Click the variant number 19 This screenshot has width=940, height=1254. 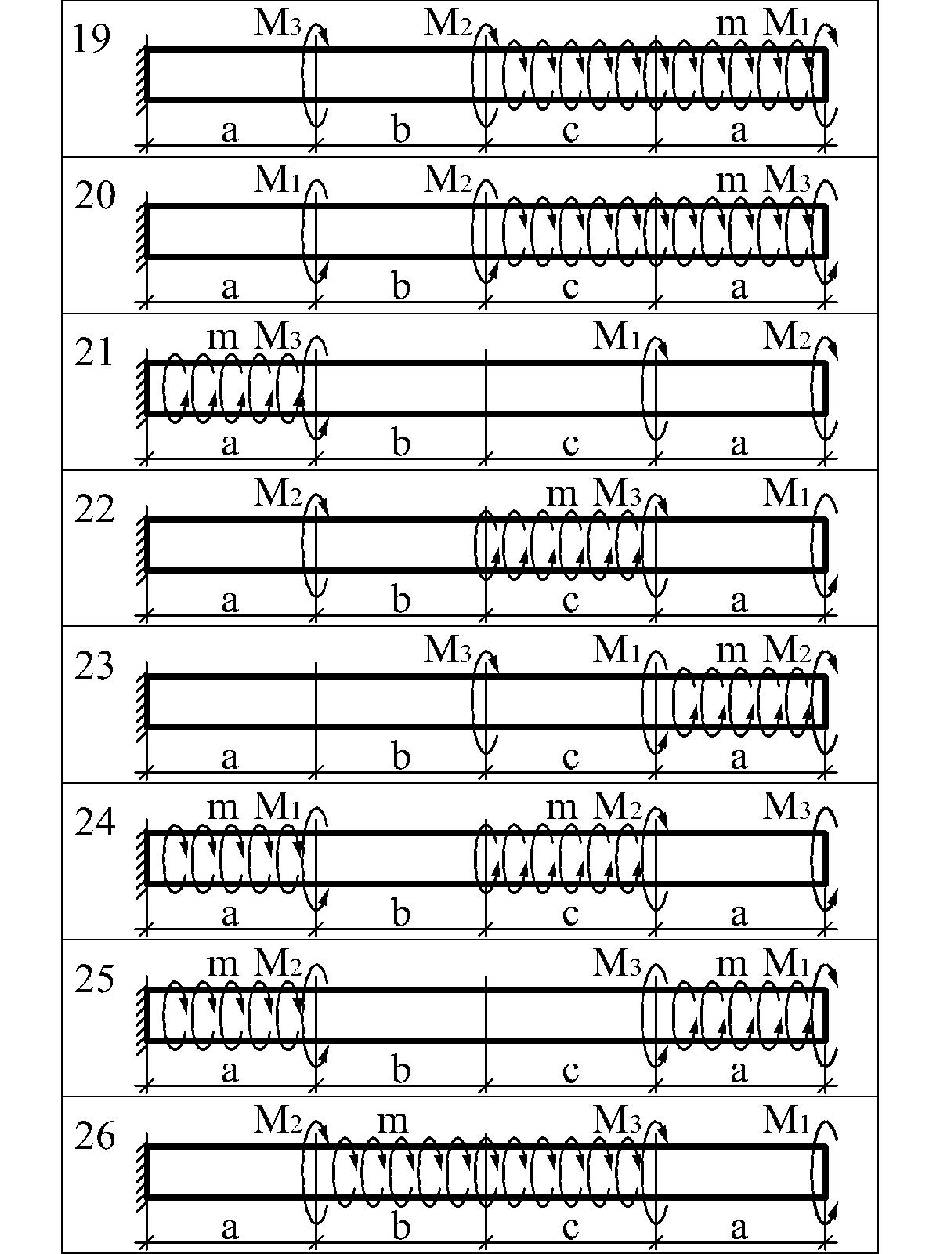[x=92, y=41]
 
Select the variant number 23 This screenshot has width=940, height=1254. [x=94, y=667]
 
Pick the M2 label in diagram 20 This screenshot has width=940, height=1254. [x=447, y=181]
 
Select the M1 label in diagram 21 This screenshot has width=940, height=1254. [x=617, y=338]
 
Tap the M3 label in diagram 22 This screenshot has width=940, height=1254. [x=617, y=495]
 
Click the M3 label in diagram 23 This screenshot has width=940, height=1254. [x=447, y=651]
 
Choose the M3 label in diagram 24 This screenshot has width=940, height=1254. [x=787, y=807]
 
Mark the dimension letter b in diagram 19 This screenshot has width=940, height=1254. [x=401, y=130]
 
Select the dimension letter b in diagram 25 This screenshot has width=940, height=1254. [x=401, y=1070]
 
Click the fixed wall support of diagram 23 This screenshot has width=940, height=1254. [x=142, y=702]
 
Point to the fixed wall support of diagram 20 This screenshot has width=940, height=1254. [x=142, y=232]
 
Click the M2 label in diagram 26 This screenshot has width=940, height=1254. [x=277, y=1120]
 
